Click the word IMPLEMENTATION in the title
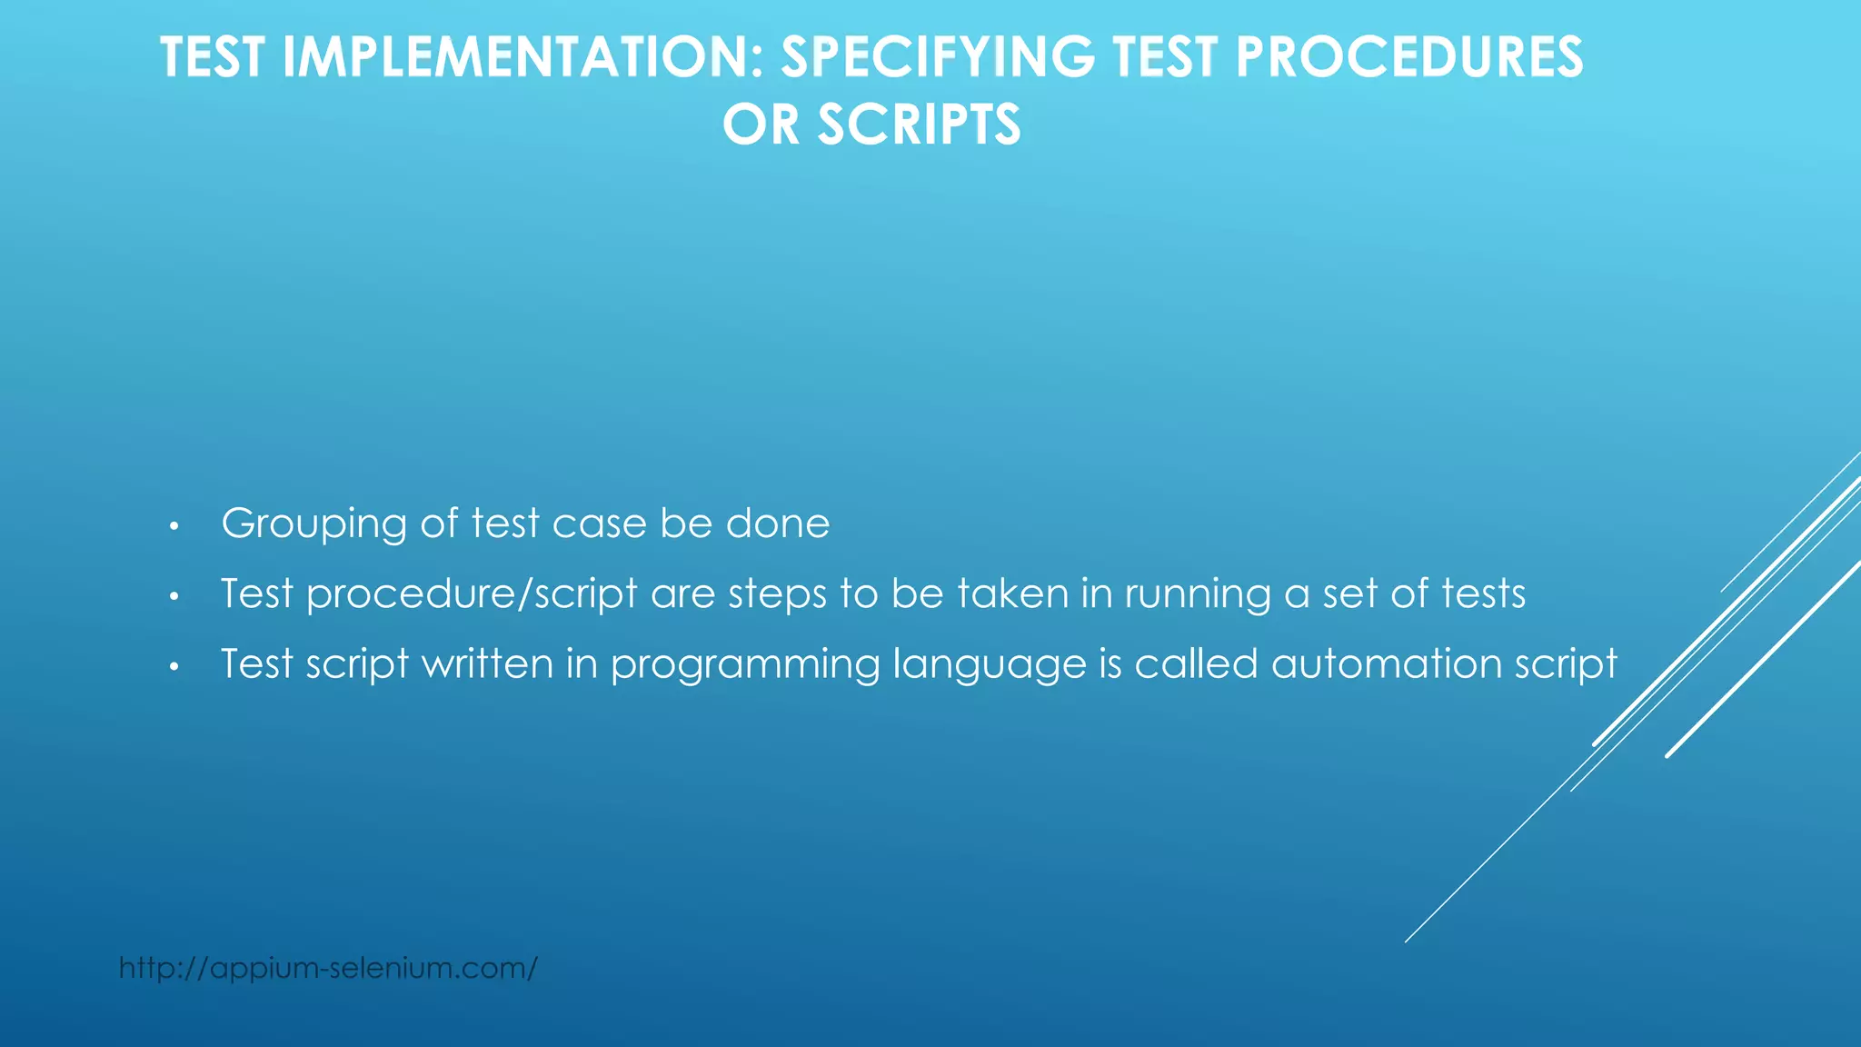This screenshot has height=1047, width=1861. (x=514, y=58)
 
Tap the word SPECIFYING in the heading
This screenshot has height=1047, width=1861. (x=938, y=58)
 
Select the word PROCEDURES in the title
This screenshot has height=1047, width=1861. (x=1408, y=58)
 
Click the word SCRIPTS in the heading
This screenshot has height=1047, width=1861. (x=919, y=125)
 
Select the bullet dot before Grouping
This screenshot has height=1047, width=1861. (x=174, y=526)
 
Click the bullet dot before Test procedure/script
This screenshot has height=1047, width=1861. (x=174, y=597)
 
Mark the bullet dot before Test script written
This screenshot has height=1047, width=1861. (x=174, y=667)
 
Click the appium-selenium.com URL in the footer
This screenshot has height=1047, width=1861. (x=328, y=968)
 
